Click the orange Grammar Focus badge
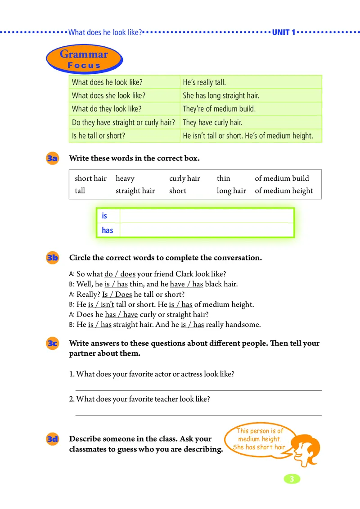[x=84, y=59]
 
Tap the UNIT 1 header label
[x=284, y=32]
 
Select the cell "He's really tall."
[x=204, y=82]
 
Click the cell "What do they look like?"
[x=107, y=109]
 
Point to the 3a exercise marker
[x=53, y=159]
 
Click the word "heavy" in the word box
[x=125, y=179]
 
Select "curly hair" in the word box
[x=184, y=179]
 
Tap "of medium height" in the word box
[x=283, y=191]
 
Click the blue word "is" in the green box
[x=104, y=216]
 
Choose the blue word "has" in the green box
[x=107, y=231]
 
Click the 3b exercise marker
[x=53, y=258]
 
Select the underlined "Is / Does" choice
[x=117, y=295]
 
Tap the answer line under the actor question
[x=198, y=390]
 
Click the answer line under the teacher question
[x=198, y=415]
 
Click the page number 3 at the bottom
[x=292, y=479]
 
